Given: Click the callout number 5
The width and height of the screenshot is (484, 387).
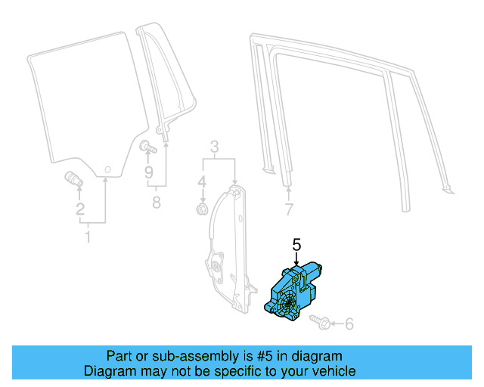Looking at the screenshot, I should (296, 244).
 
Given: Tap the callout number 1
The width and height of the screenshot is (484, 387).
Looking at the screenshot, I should (87, 238).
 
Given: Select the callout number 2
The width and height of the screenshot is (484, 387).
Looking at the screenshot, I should (80, 210).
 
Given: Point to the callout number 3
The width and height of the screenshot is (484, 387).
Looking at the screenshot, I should (214, 146).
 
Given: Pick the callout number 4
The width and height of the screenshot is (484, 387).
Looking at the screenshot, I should (202, 182).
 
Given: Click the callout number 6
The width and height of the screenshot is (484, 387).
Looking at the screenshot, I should (349, 324).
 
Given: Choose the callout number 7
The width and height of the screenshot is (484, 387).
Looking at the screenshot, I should (288, 209).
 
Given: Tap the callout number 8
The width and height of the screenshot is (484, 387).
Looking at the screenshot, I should (157, 202).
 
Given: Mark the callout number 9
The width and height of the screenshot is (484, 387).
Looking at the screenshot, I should (150, 172).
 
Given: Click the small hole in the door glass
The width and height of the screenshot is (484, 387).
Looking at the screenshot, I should (107, 168).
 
